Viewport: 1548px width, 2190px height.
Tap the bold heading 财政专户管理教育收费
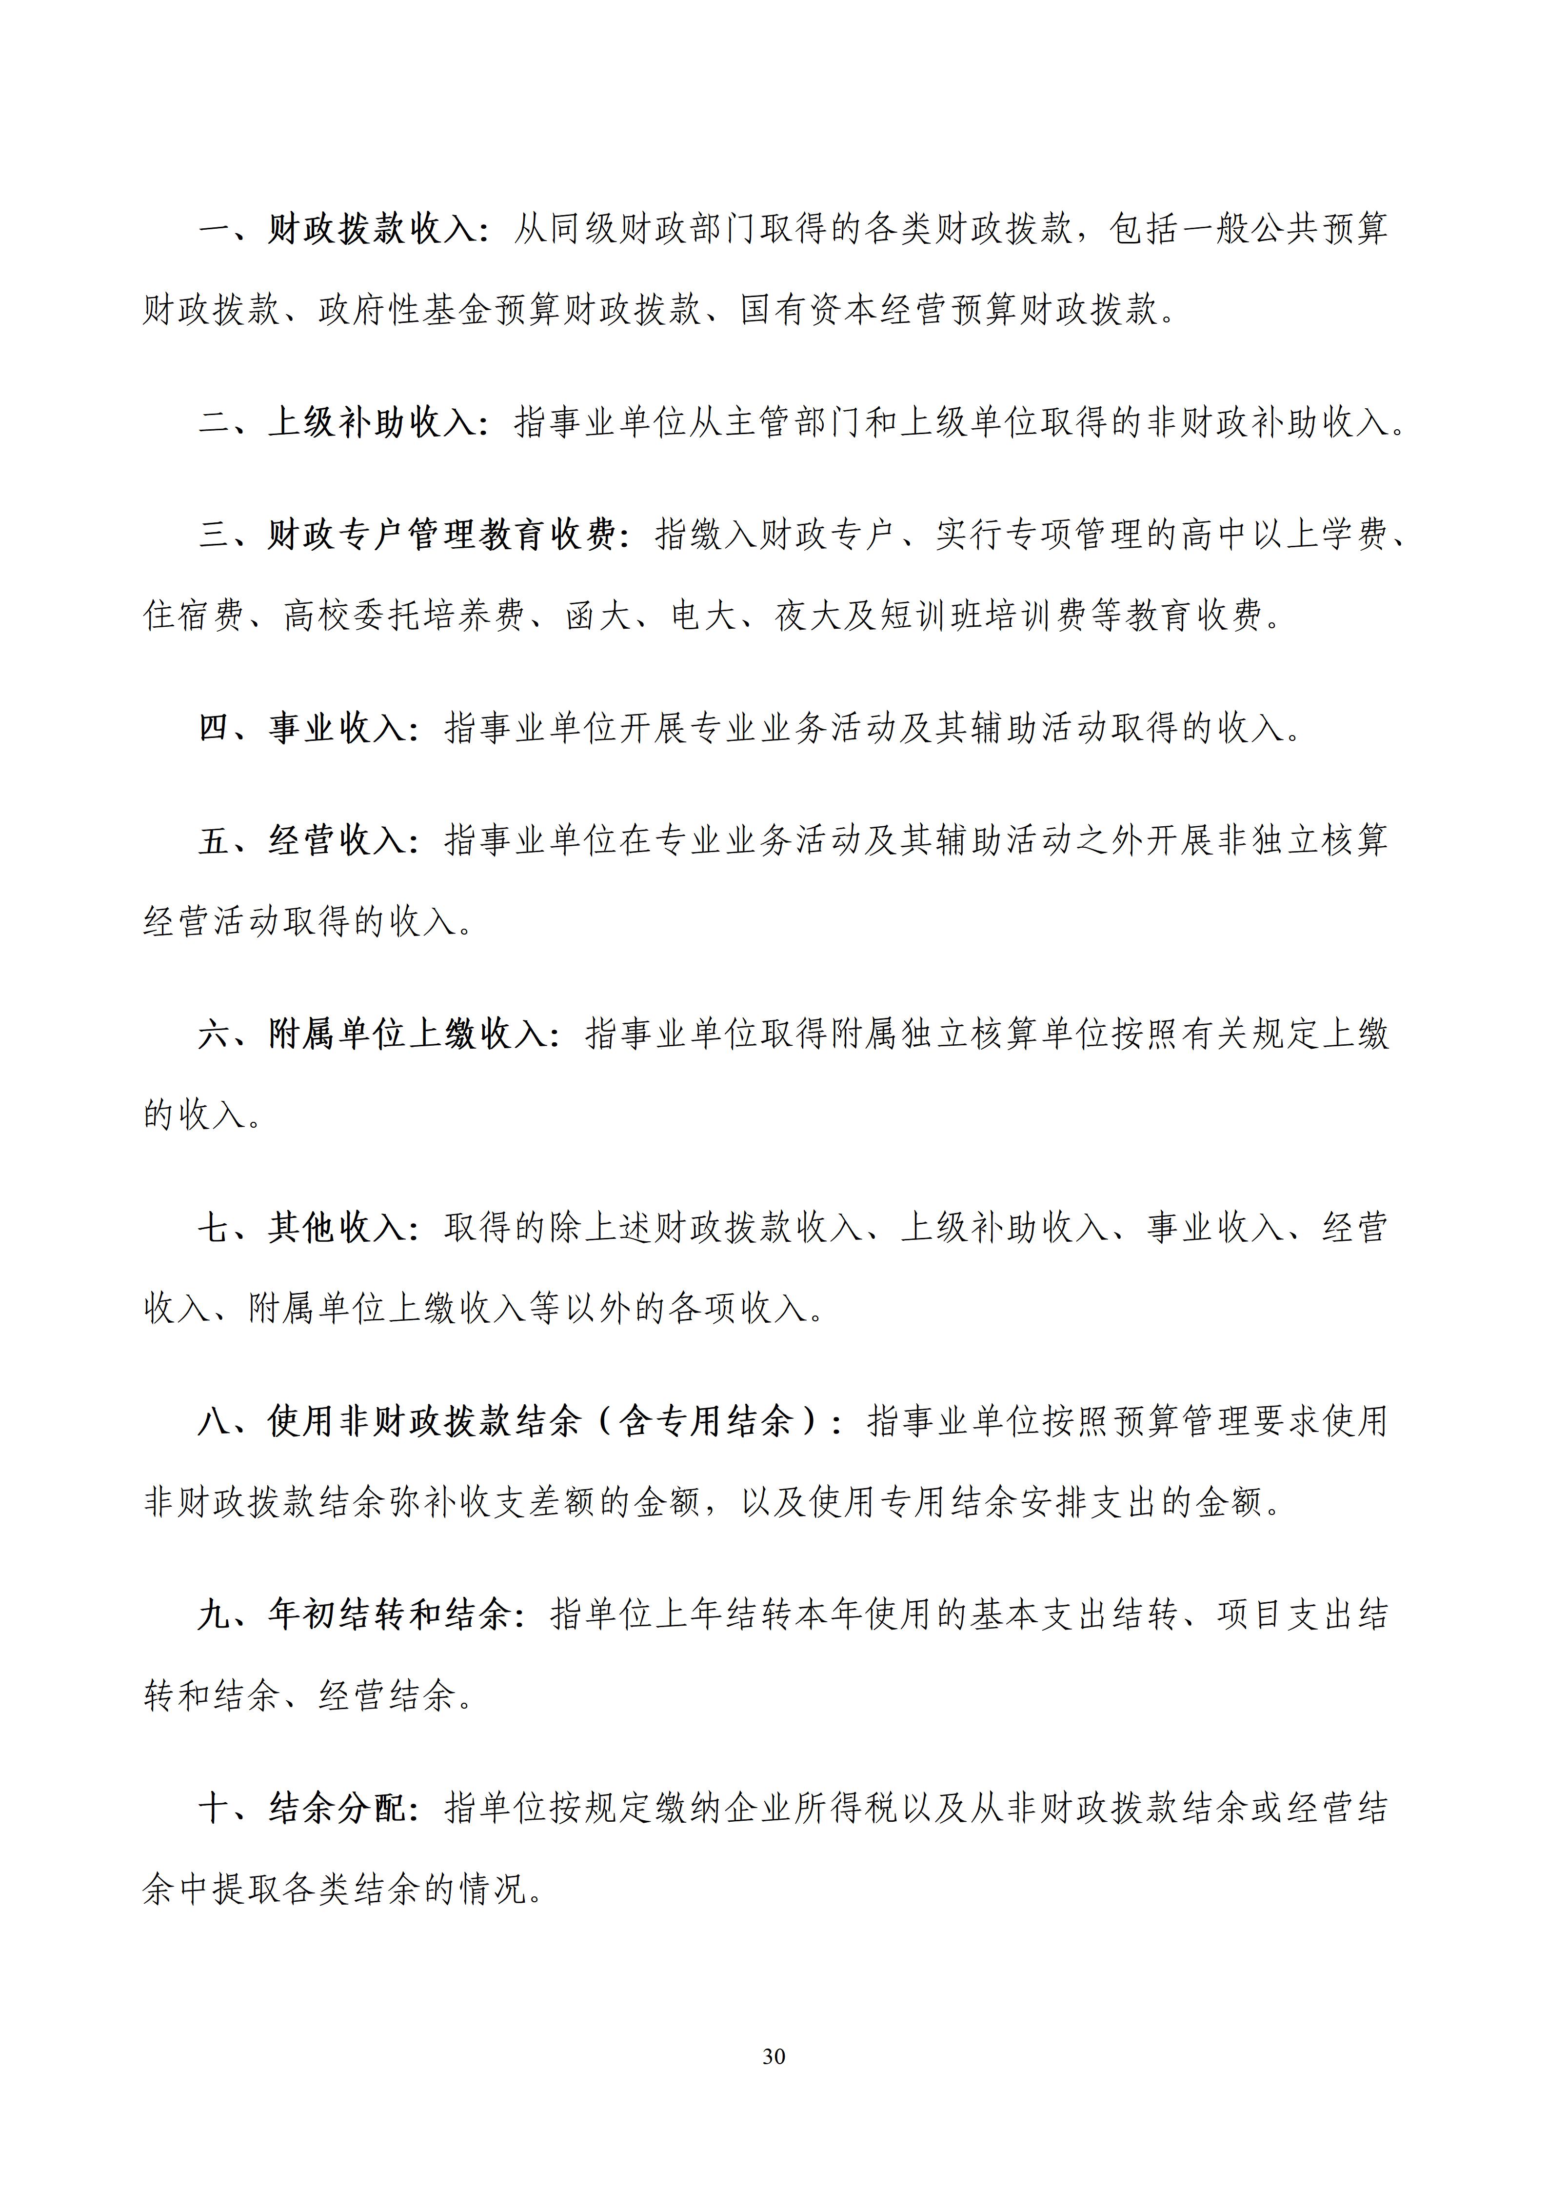(x=441, y=535)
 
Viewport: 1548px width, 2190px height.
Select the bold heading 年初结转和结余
(x=389, y=1615)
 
